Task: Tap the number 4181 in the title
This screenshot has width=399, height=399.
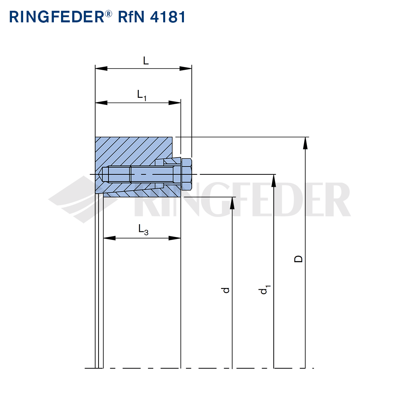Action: [168, 17]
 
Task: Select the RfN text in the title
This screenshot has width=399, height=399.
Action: [131, 17]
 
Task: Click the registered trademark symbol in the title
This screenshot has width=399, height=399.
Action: [108, 14]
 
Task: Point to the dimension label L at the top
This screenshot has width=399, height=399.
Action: [146, 61]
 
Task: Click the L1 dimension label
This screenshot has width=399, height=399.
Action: [142, 95]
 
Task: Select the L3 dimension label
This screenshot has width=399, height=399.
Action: [143, 230]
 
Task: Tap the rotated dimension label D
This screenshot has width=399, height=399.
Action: [298, 259]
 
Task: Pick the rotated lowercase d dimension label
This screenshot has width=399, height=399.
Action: [225, 290]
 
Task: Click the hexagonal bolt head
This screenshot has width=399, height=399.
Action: [186, 174]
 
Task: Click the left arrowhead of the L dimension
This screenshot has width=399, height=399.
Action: [101, 69]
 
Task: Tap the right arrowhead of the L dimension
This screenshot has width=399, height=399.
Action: [186, 69]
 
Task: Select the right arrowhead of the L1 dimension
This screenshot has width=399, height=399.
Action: [175, 103]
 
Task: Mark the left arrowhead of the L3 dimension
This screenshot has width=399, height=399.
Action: [109, 238]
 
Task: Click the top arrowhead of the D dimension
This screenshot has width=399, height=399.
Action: [305, 143]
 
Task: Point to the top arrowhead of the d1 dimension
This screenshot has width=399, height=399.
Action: [274, 181]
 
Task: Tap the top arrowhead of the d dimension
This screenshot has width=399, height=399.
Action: [232, 203]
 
